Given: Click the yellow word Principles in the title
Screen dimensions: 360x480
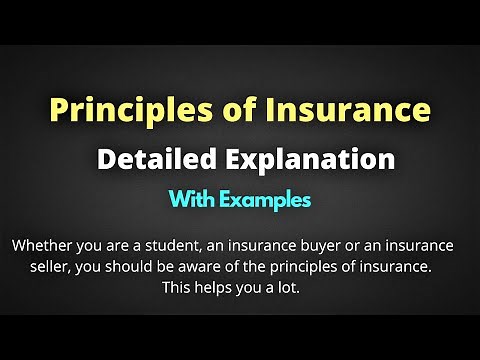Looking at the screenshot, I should (113, 109).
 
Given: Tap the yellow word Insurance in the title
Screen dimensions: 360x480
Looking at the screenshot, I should (357, 109).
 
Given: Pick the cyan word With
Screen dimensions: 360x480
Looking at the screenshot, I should (196, 199).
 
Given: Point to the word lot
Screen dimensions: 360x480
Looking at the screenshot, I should (300, 288).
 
